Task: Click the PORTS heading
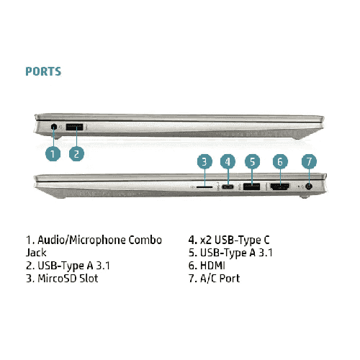coord(43,71)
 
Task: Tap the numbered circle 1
coord(53,153)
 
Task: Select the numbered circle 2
coord(76,153)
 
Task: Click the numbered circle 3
coord(204,161)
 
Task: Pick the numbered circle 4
coord(228,161)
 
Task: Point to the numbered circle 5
coord(252,161)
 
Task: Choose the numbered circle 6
coord(280,161)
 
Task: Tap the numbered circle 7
coord(309,161)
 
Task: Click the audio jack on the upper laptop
coord(54,127)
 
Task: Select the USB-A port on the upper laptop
coord(74,127)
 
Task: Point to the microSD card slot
coord(204,186)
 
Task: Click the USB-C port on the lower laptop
coord(228,186)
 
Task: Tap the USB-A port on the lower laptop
coord(251,186)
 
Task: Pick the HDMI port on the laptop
coord(280,186)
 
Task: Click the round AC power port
coord(309,186)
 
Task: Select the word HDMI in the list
coord(212,266)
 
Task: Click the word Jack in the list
coord(36,253)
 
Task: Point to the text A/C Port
coord(220,279)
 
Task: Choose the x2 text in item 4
coord(206,240)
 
